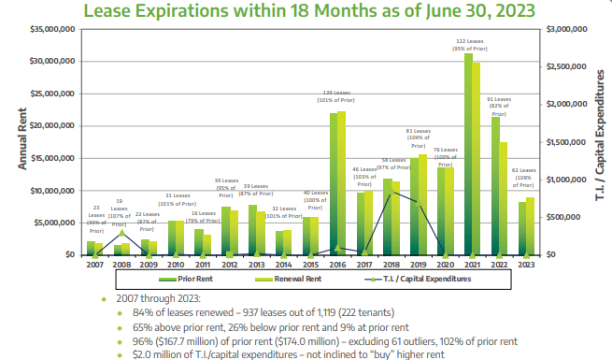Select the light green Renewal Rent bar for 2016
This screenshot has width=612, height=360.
[341, 183]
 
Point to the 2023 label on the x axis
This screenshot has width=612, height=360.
[526, 266]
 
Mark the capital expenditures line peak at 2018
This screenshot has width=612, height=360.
[389, 193]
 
